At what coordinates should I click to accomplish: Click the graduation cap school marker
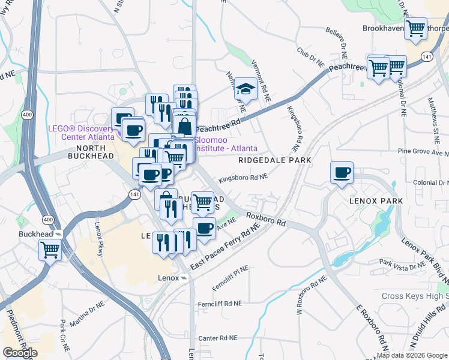click(x=245, y=89)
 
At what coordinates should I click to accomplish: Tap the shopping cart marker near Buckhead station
click(x=50, y=248)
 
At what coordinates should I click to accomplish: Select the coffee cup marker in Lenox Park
click(x=342, y=172)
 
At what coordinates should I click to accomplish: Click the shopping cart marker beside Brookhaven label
click(x=415, y=28)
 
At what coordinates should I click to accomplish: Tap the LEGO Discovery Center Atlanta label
click(x=81, y=133)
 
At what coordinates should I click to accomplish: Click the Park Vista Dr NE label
click(x=400, y=262)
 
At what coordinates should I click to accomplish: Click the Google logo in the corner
click(x=19, y=353)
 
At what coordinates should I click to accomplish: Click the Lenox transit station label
click(x=168, y=278)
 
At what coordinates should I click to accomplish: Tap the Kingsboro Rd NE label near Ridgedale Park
click(x=243, y=178)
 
